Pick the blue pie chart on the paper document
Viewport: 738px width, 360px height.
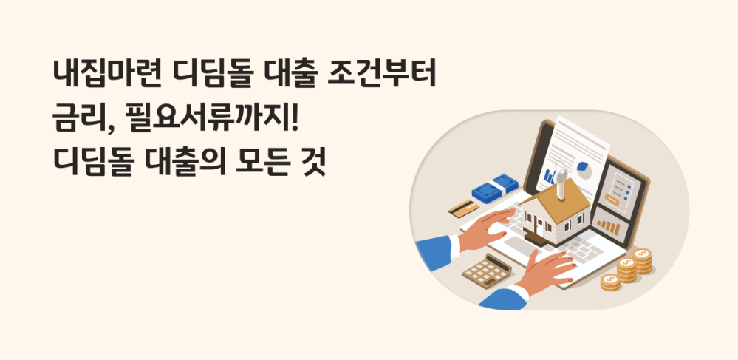click(584, 168)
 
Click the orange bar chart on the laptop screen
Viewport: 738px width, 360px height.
click(607, 223)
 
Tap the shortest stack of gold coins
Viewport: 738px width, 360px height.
click(610, 282)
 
